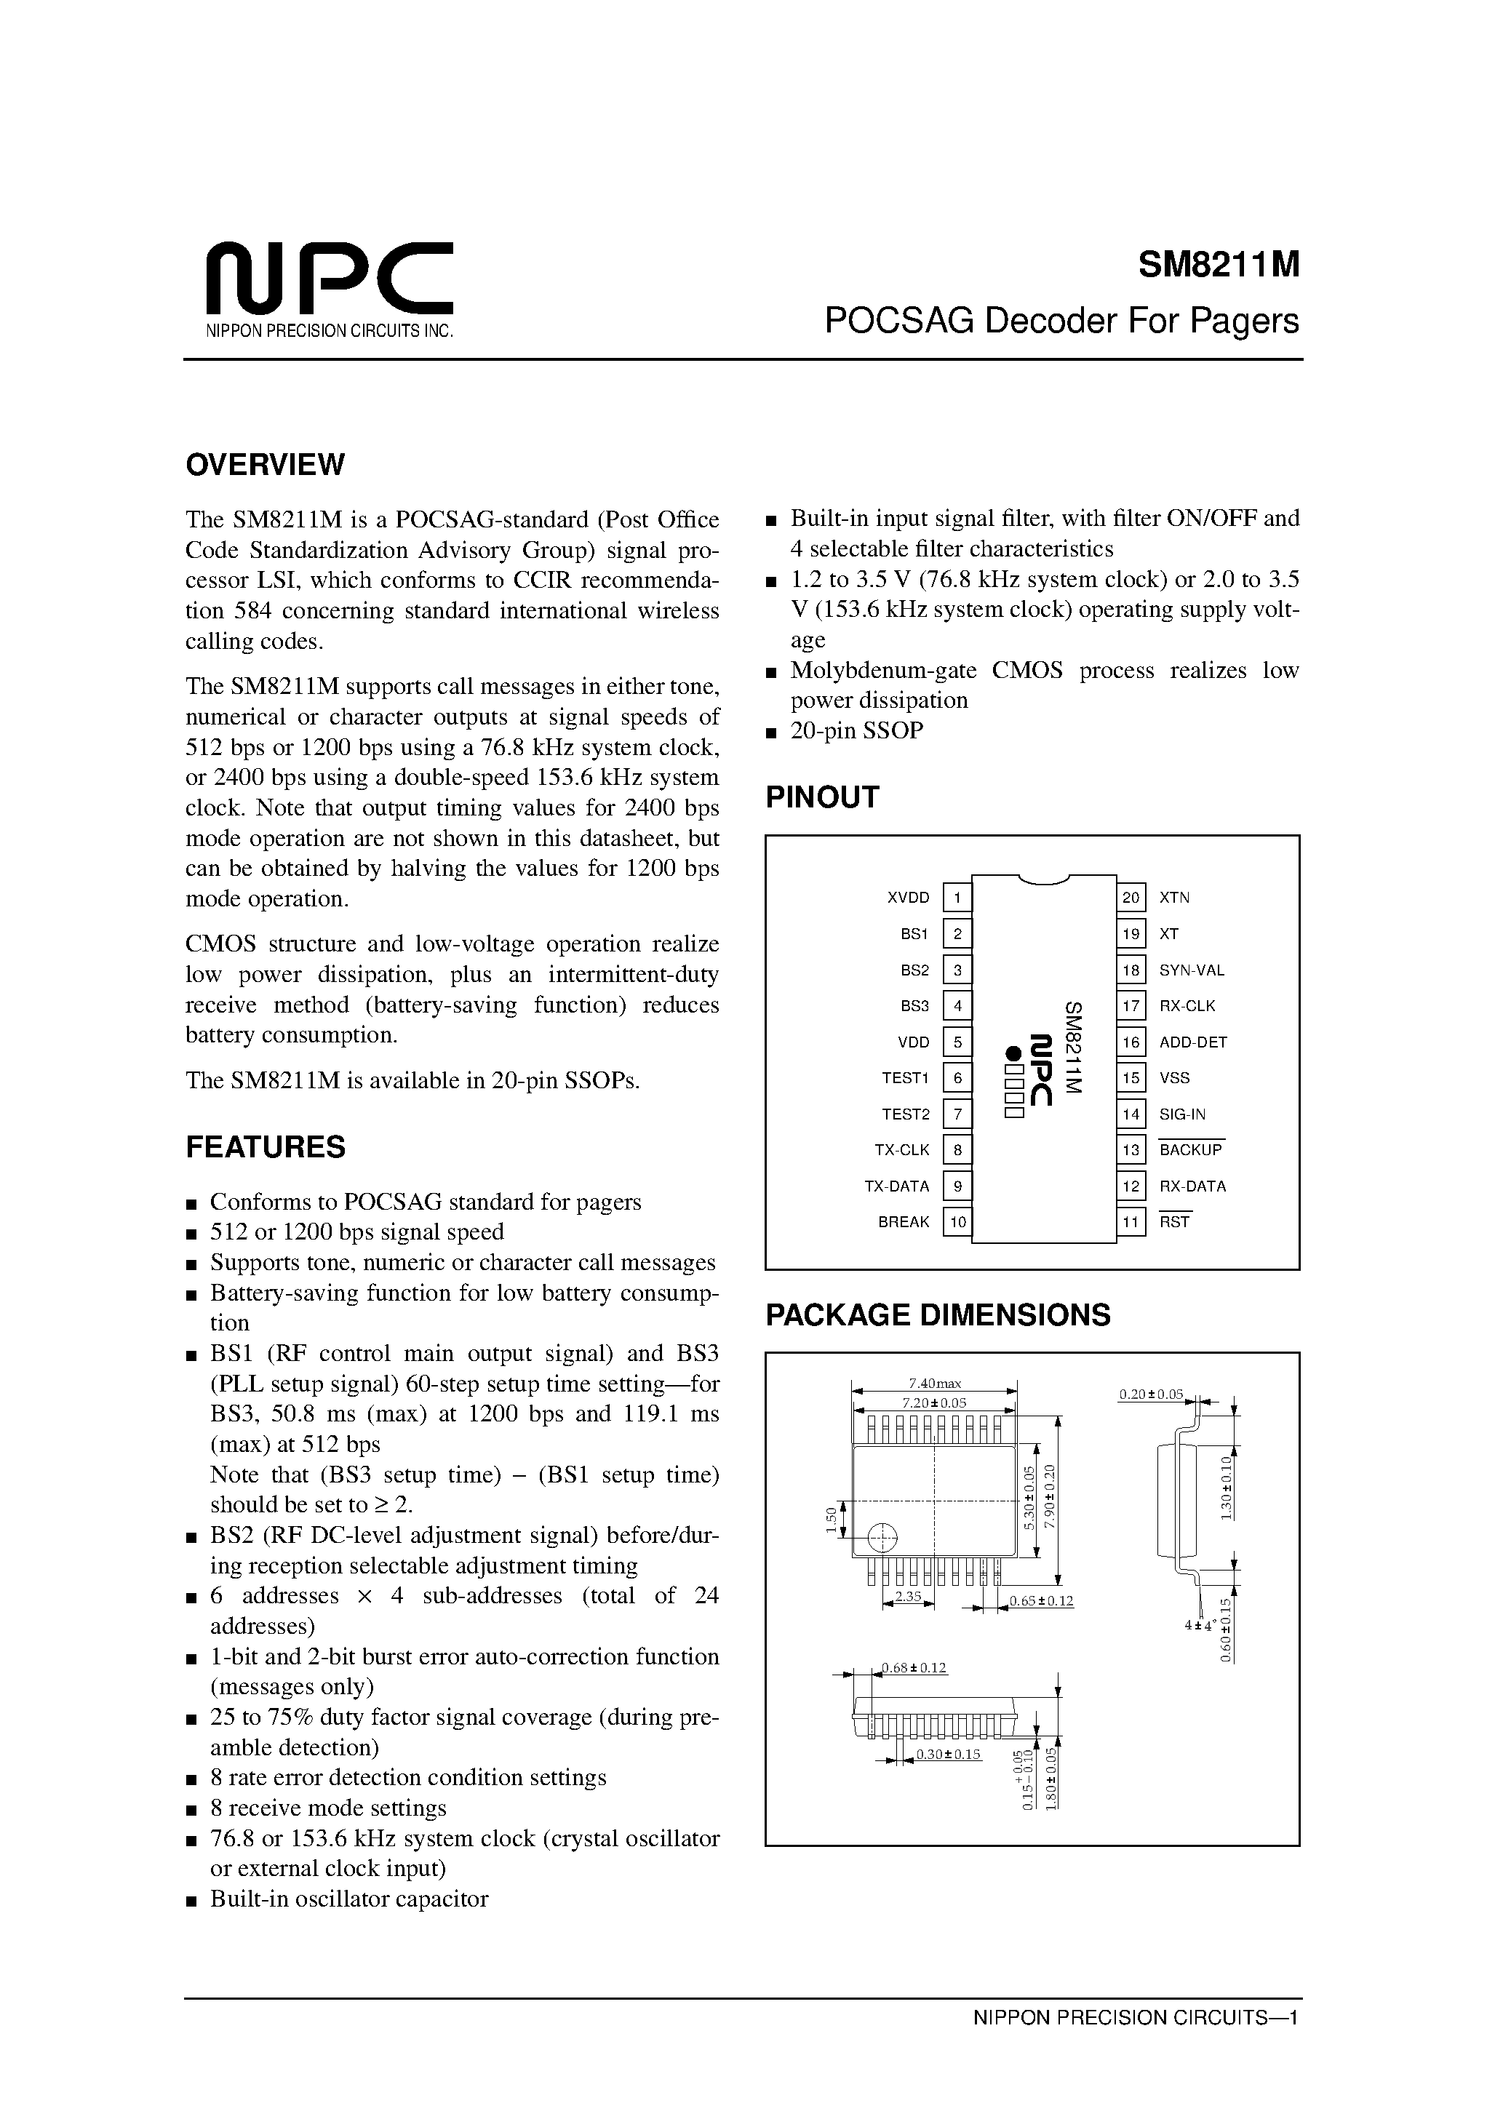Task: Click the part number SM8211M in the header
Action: coord(1219,266)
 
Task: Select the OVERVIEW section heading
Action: coord(265,464)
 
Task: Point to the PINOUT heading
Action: coord(822,797)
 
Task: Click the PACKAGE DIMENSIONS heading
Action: coord(938,1314)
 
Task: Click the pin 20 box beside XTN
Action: coord(1131,898)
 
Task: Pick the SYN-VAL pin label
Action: coord(1192,970)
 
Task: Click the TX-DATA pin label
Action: coord(896,1186)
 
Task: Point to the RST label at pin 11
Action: coord(1174,1222)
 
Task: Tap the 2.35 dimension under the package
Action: coord(908,1596)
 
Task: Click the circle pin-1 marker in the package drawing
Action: coord(883,1537)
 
